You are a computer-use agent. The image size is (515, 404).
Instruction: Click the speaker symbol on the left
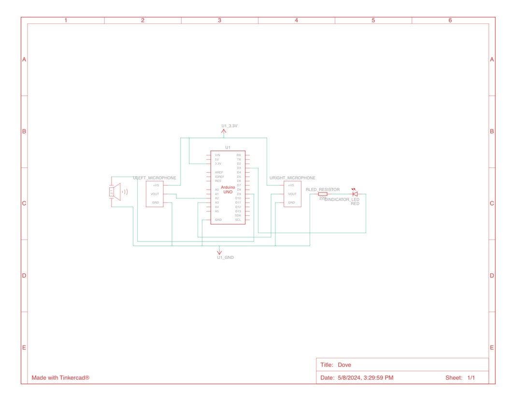click(x=116, y=192)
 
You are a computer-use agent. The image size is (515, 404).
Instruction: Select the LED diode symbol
click(x=355, y=194)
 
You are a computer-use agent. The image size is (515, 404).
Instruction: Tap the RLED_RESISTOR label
click(x=323, y=190)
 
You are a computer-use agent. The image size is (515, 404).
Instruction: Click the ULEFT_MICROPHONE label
click(x=155, y=178)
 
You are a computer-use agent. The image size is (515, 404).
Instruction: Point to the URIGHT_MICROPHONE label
click(x=292, y=178)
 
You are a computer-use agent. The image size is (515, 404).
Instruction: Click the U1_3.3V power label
click(x=229, y=126)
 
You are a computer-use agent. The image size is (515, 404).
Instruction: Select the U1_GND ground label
click(x=225, y=257)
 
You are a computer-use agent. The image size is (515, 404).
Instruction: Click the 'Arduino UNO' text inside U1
click(x=228, y=190)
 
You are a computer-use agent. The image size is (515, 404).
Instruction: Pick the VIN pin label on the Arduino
click(x=217, y=155)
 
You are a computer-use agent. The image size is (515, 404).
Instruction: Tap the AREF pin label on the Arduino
click(x=219, y=172)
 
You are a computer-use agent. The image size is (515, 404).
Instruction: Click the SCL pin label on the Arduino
click(x=238, y=220)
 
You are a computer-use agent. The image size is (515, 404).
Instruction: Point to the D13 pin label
click(x=238, y=211)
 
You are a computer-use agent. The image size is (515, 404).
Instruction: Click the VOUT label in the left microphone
click(x=155, y=194)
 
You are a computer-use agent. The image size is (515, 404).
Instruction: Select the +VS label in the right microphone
click(x=291, y=185)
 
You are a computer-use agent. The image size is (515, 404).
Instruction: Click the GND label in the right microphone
click(x=291, y=202)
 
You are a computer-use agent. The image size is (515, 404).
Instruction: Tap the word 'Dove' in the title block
click(x=344, y=365)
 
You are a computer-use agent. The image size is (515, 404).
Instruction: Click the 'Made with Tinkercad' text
click(x=60, y=377)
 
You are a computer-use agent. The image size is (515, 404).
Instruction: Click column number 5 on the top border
click(x=373, y=20)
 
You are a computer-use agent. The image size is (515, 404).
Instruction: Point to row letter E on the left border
click(x=24, y=347)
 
